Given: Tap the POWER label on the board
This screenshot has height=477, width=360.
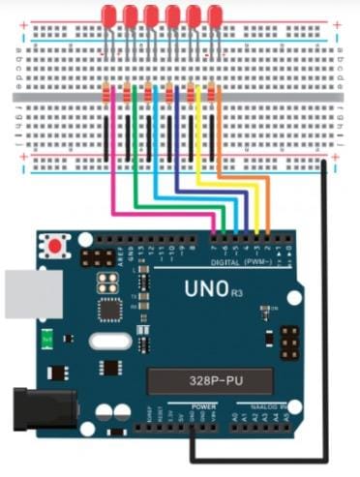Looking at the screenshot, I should (203, 407).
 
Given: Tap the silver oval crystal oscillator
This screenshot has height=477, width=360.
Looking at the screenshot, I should (106, 341).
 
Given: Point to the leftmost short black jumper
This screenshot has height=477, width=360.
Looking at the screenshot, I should (105, 135).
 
